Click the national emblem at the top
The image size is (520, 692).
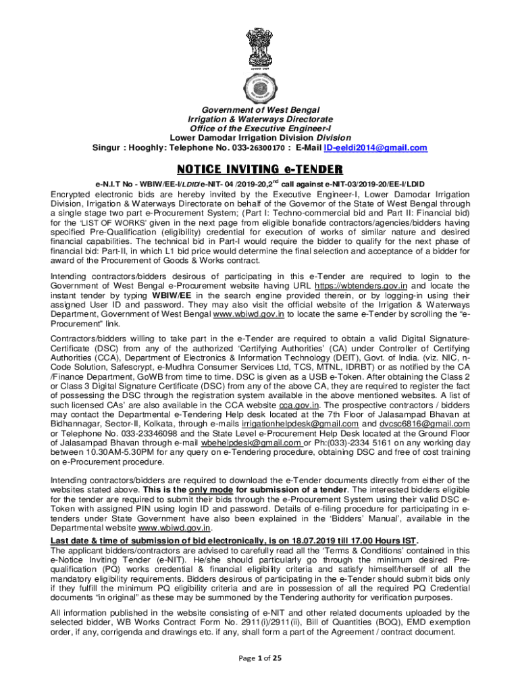coord(260,43)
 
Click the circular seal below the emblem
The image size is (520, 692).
coord(260,85)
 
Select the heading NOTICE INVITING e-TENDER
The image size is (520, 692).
coord(260,169)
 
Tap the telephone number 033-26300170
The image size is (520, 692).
coord(262,147)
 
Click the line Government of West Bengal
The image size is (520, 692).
coord(260,109)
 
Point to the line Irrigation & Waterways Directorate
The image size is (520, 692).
coord(260,119)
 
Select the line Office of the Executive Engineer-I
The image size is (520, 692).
coord(260,128)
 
